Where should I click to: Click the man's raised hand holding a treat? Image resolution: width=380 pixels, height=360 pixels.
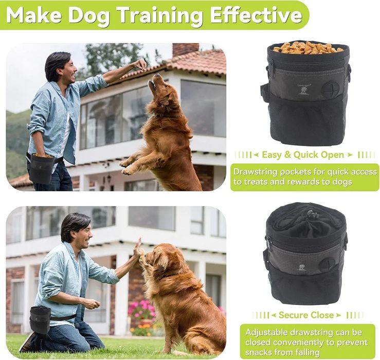[x=140, y=65]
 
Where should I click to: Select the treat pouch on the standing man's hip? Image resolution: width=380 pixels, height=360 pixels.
[x=41, y=168]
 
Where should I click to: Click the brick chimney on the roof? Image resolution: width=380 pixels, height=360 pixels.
[x=185, y=49]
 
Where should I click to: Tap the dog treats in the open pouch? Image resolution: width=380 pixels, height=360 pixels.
[x=308, y=48]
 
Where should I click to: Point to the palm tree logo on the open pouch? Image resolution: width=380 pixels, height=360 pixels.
[x=303, y=91]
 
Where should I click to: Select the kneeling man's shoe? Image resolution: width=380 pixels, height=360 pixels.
[x=27, y=341]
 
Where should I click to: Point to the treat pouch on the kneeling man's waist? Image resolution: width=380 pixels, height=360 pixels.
[x=40, y=319]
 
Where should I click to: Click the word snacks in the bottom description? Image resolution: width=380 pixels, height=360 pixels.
[x=258, y=352]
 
